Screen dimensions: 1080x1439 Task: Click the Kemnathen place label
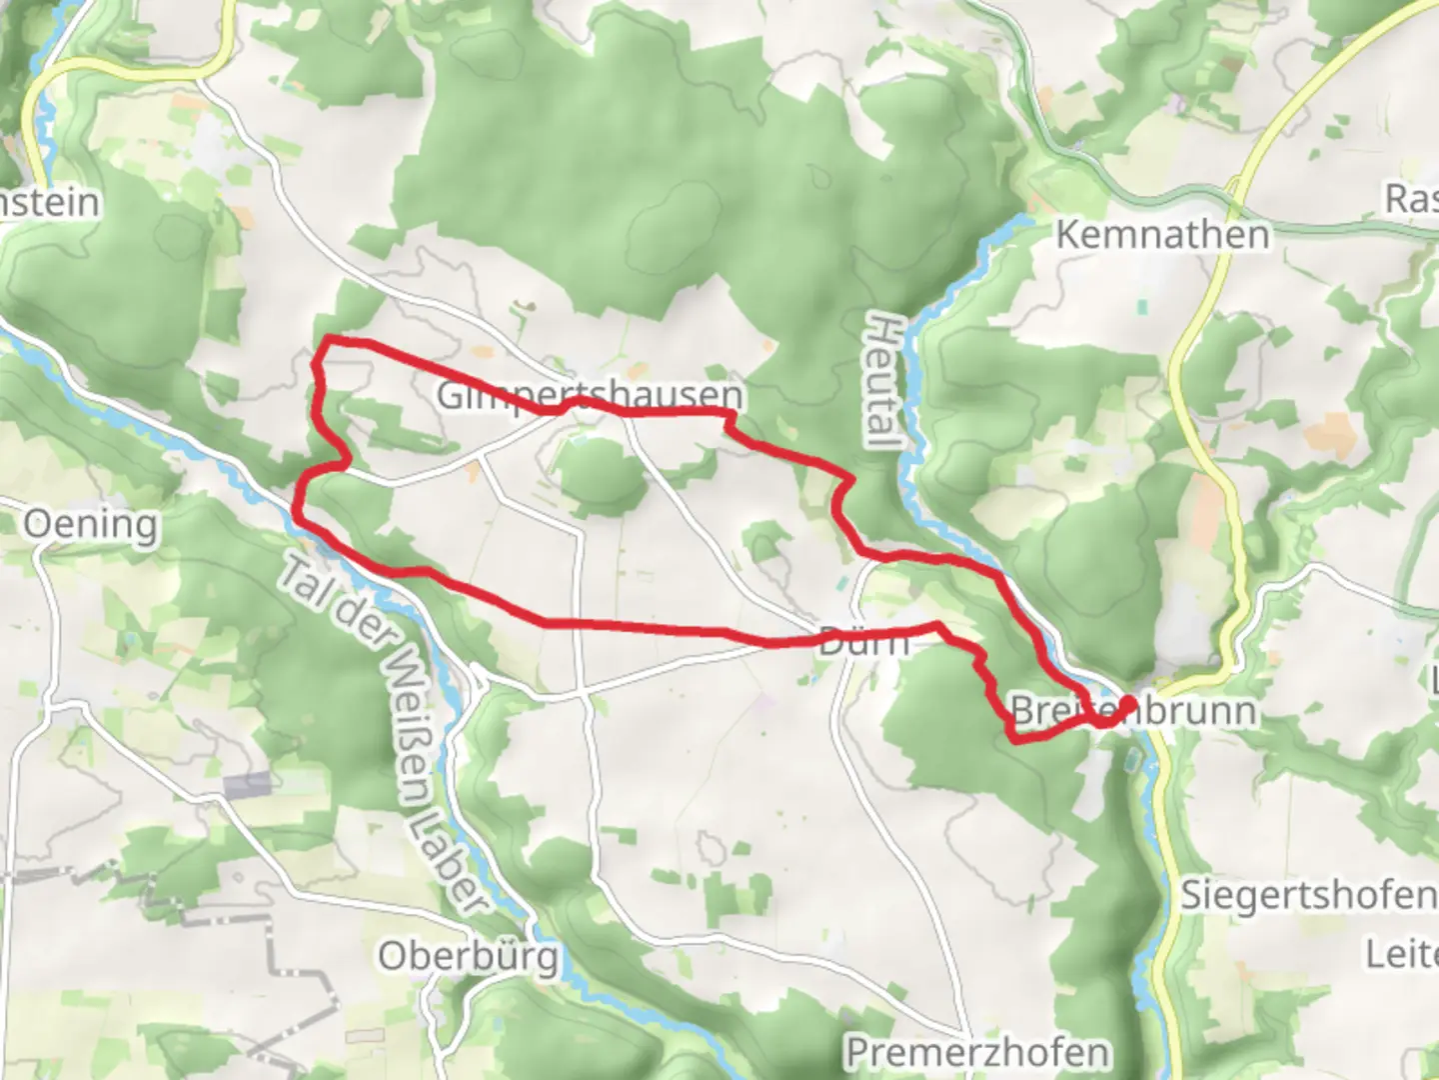coord(1162,235)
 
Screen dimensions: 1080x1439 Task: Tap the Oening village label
coord(91,524)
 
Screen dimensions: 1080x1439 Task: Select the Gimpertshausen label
coord(591,395)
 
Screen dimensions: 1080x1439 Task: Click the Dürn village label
coord(864,641)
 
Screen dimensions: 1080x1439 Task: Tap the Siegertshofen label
coord(1308,894)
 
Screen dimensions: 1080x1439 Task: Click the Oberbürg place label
coord(468,957)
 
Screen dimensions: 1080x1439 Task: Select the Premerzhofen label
coord(977,1052)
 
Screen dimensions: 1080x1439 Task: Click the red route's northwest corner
coord(326,343)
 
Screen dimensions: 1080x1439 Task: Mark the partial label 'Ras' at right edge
coord(1411,198)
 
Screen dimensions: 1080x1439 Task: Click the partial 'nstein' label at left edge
coord(50,202)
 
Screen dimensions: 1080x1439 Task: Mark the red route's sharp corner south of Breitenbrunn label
coord(1015,740)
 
